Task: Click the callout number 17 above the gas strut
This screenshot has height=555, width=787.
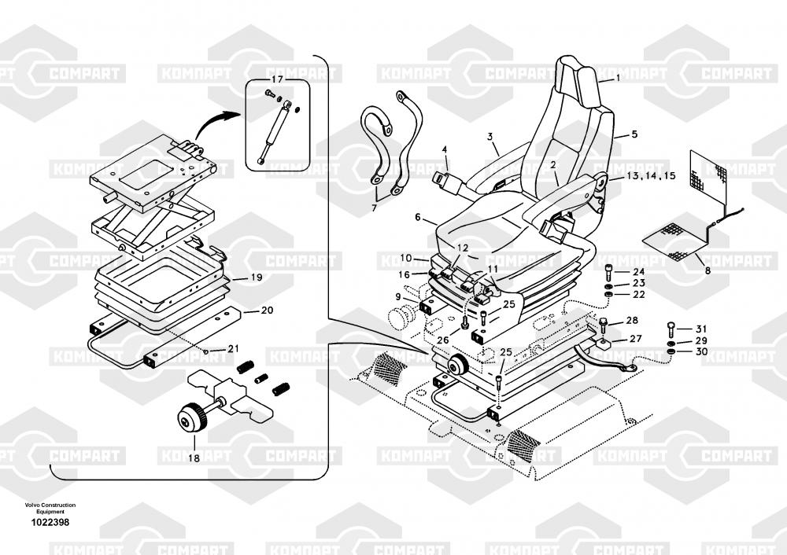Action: coord(277,79)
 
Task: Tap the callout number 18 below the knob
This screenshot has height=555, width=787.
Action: coord(194,458)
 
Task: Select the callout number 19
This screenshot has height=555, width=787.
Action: coord(257,277)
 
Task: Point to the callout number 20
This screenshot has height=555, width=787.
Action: coord(267,311)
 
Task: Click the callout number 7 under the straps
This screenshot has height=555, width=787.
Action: coord(374,208)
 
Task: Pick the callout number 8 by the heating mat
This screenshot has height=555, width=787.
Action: coord(708,270)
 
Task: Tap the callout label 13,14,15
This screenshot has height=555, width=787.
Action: coord(651,176)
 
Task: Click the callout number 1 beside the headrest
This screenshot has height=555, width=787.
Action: coord(618,78)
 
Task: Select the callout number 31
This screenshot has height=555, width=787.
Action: coord(701,329)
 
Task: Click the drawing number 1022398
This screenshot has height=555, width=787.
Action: coord(50,523)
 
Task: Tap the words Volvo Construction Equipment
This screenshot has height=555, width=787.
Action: coord(50,508)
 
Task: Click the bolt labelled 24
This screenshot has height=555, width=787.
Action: coord(609,273)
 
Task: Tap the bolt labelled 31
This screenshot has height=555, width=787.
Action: coord(671,329)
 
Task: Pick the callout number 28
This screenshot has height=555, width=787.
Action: coord(632,321)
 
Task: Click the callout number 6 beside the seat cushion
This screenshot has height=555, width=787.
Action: coord(418,217)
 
